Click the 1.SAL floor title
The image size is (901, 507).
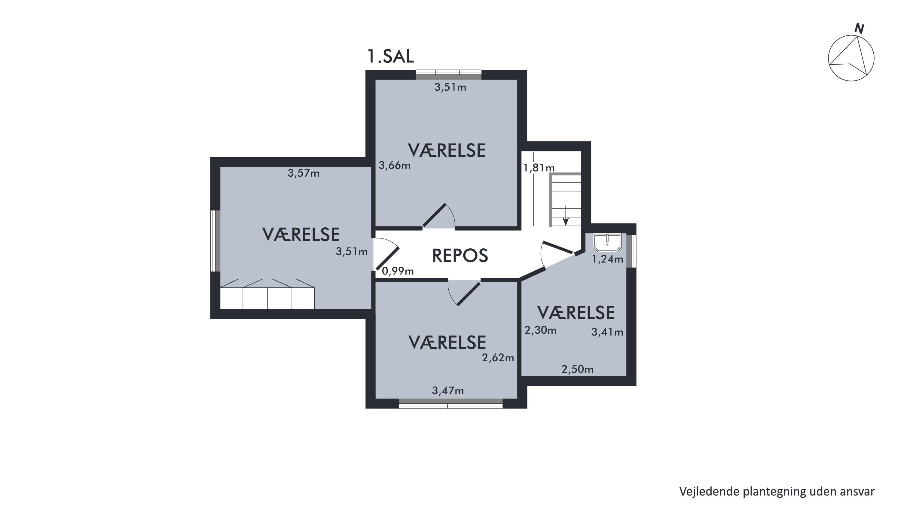coord(390,56)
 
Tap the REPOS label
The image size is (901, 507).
coord(460,256)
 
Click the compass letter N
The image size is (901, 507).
coord(860,29)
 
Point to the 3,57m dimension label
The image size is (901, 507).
coord(304,173)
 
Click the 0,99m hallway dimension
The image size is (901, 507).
coord(398,271)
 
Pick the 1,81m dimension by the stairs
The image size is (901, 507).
coord(539,168)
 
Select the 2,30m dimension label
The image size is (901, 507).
coord(540,330)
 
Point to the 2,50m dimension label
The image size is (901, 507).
coord(577,369)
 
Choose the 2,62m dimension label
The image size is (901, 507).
coord(498,357)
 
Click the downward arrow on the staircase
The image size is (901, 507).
coord(566,215)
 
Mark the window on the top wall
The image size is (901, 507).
coord(449,74)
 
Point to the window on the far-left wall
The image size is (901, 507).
coord(215,241)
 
